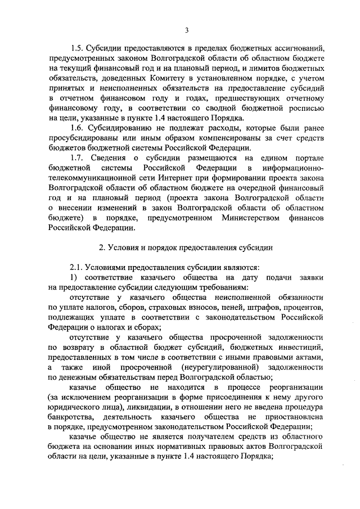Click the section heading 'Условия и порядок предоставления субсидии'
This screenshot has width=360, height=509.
click(x=186, y=247)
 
